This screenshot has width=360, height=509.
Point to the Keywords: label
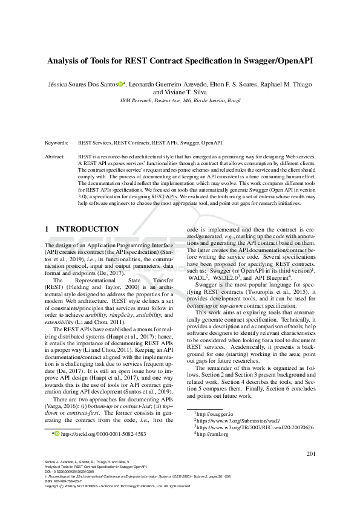point(56,143)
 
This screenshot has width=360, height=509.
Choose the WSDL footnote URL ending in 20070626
point(255,426)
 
